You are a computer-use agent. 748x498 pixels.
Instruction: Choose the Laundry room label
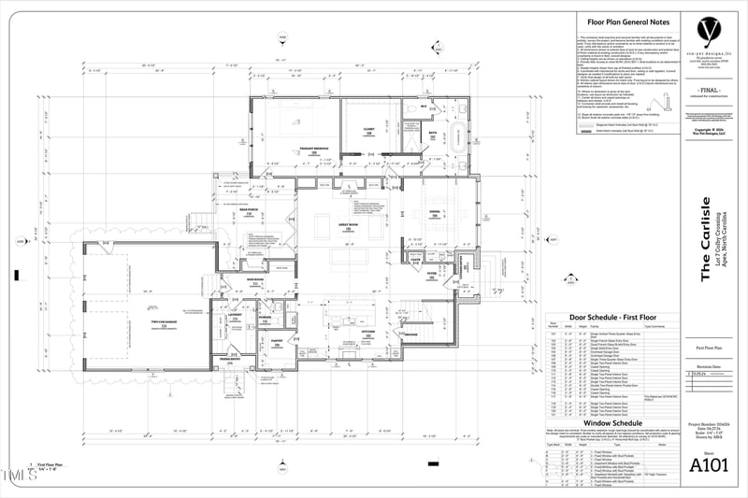pos(236,316)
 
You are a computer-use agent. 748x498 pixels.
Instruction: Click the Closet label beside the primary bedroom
pos(368,133)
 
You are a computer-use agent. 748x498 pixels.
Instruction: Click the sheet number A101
pos(708,464)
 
